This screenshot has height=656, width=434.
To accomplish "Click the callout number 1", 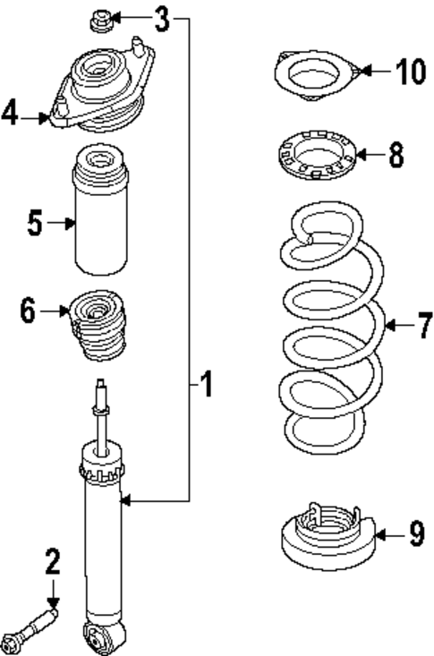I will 206,387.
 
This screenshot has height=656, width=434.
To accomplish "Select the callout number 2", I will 52,562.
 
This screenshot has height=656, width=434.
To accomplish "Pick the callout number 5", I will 35,223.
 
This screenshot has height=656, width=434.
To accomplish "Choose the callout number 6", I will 27,311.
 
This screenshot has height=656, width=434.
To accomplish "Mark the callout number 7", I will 422,325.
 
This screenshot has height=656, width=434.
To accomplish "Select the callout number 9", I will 415,535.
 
